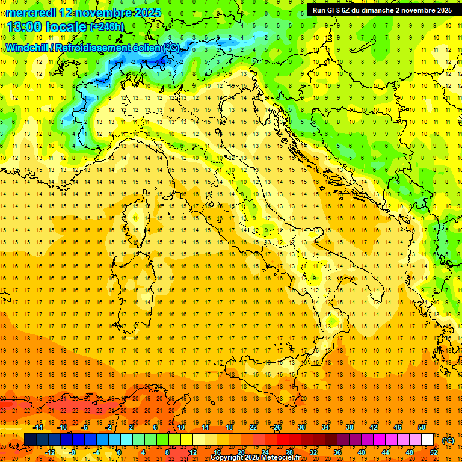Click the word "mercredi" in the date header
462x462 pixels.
[30, 12]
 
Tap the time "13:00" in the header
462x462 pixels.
[25, 26]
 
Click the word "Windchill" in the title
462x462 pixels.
[28, 48]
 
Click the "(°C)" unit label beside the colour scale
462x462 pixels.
[448, 440]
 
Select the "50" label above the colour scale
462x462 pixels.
[422, 427]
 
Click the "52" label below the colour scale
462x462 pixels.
[434, 452]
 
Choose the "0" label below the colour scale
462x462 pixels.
[119, 452]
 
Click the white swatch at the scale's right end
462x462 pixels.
[428, 440]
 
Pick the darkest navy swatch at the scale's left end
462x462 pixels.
[30, 440]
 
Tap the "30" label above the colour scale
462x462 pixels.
[301, 427]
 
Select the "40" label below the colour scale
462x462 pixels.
[361, 452]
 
